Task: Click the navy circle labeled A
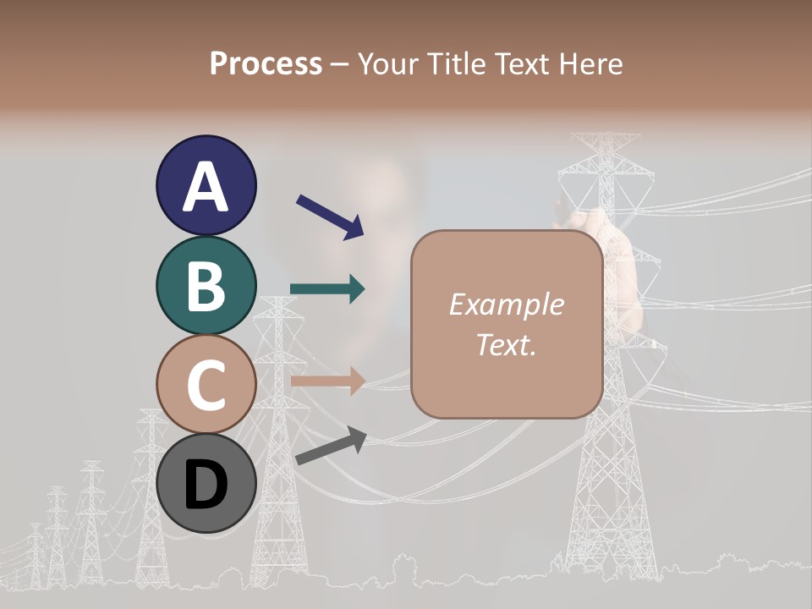[x=206, y=185]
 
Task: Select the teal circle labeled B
[x=206, y=285]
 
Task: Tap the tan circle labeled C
[x=206, y=384]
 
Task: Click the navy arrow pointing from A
[x=329, y=216]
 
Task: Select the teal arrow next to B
[x=327, y=289]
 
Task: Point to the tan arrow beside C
[x=327, y=381]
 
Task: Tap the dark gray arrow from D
[x=331, y=446]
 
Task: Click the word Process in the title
[x=266, y=63]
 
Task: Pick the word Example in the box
[x=506, y=304]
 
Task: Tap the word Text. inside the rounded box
[x=506, y=344]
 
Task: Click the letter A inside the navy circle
[x=206, y=187]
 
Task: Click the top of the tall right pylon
[x=606, y=137]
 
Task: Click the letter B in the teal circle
[x=206, y=286]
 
